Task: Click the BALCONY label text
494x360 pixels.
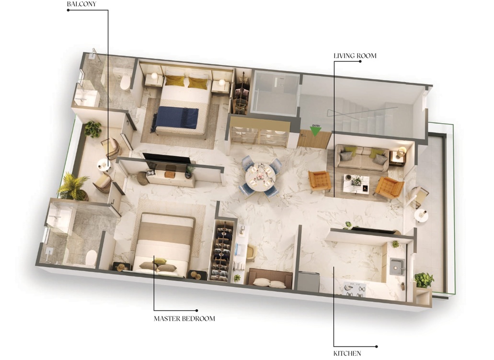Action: (x=81, y=4)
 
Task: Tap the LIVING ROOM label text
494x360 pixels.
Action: (x=355, y=56)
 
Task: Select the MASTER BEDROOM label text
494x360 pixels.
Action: (x=184, y=319)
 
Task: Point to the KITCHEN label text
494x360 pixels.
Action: (x=347, y=353)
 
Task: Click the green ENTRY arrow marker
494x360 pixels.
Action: (x=316, y=131)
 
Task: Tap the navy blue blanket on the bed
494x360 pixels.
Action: (x=175, y=118)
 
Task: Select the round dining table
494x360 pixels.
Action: (x=260, y=177)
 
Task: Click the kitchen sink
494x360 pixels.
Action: (x=398, y=267)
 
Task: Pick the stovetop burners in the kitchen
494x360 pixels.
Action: (x=355, y=290)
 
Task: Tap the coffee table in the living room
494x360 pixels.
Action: (x=356, y=184)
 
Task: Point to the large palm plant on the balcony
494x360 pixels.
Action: (x=73, y=187)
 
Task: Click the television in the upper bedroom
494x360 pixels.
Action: (x=167, y=159)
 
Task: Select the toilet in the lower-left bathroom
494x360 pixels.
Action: (x=91, y=258)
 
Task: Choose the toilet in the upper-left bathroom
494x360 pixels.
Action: (x=125, y=81)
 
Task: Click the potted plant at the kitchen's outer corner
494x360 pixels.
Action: (x=424, y=280)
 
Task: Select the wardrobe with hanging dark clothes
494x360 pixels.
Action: (x=222, y=251)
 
